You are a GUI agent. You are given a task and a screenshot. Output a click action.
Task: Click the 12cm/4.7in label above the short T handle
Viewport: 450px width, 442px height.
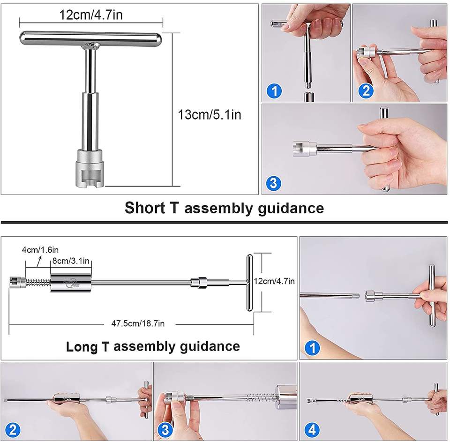click(90, 15)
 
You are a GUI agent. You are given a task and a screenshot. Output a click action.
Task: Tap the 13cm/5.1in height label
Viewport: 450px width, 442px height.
click(210, 115)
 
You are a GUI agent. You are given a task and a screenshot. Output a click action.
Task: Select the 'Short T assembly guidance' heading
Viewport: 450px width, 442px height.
click(224, 208)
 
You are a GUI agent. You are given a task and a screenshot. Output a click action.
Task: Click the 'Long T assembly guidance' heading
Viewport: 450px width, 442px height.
click(153, 346)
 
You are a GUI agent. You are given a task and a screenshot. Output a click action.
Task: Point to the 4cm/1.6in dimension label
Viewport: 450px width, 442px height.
click(40, 250)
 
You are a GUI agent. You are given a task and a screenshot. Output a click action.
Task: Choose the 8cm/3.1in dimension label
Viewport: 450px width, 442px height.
click(71, 261)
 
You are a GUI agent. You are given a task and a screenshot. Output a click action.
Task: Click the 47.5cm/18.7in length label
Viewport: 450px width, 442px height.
click(138, 324)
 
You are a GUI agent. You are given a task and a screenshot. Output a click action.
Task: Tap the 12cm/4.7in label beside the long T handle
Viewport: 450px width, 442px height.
click(274, 281)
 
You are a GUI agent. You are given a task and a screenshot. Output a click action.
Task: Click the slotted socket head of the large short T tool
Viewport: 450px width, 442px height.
click(90, 169)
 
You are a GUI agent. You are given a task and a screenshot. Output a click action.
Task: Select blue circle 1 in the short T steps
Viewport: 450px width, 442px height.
click(274, 91)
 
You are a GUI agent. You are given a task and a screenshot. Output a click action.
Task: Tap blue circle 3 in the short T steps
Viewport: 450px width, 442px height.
click(273, 183)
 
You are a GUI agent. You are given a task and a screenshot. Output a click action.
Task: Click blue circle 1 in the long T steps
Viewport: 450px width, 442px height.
click(312, 348)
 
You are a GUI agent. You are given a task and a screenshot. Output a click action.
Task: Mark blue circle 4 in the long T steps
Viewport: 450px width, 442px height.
click(312, 430)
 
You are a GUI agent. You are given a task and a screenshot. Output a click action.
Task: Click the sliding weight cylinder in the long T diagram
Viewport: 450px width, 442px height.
click(71, 283)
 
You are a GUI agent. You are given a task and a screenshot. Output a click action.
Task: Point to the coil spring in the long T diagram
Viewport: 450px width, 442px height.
click(38, 283)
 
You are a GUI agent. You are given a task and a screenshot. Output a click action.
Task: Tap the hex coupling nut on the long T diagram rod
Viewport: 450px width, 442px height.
click(201, 283)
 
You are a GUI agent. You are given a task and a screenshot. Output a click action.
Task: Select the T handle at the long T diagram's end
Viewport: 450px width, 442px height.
click(249, 283)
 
